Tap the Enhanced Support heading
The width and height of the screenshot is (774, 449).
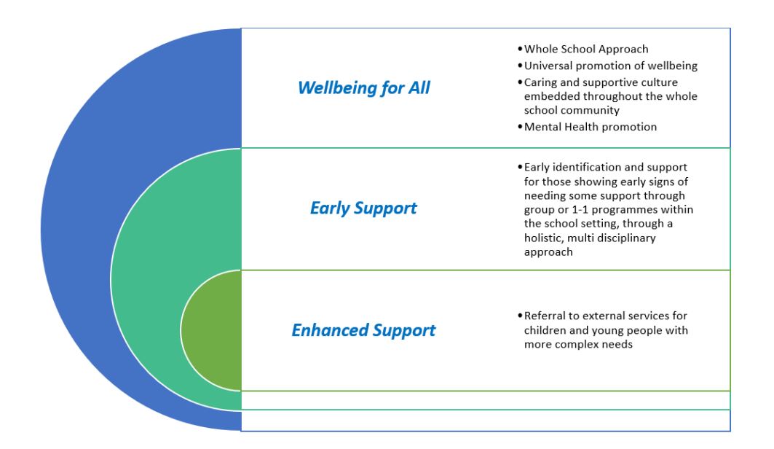pos(363,330)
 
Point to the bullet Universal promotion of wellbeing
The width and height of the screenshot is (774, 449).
pos(610,66)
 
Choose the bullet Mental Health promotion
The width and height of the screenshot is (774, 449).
pos(590,127)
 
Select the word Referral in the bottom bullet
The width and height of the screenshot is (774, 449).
pos(544,316)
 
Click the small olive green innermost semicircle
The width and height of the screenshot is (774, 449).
pos(211,330)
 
